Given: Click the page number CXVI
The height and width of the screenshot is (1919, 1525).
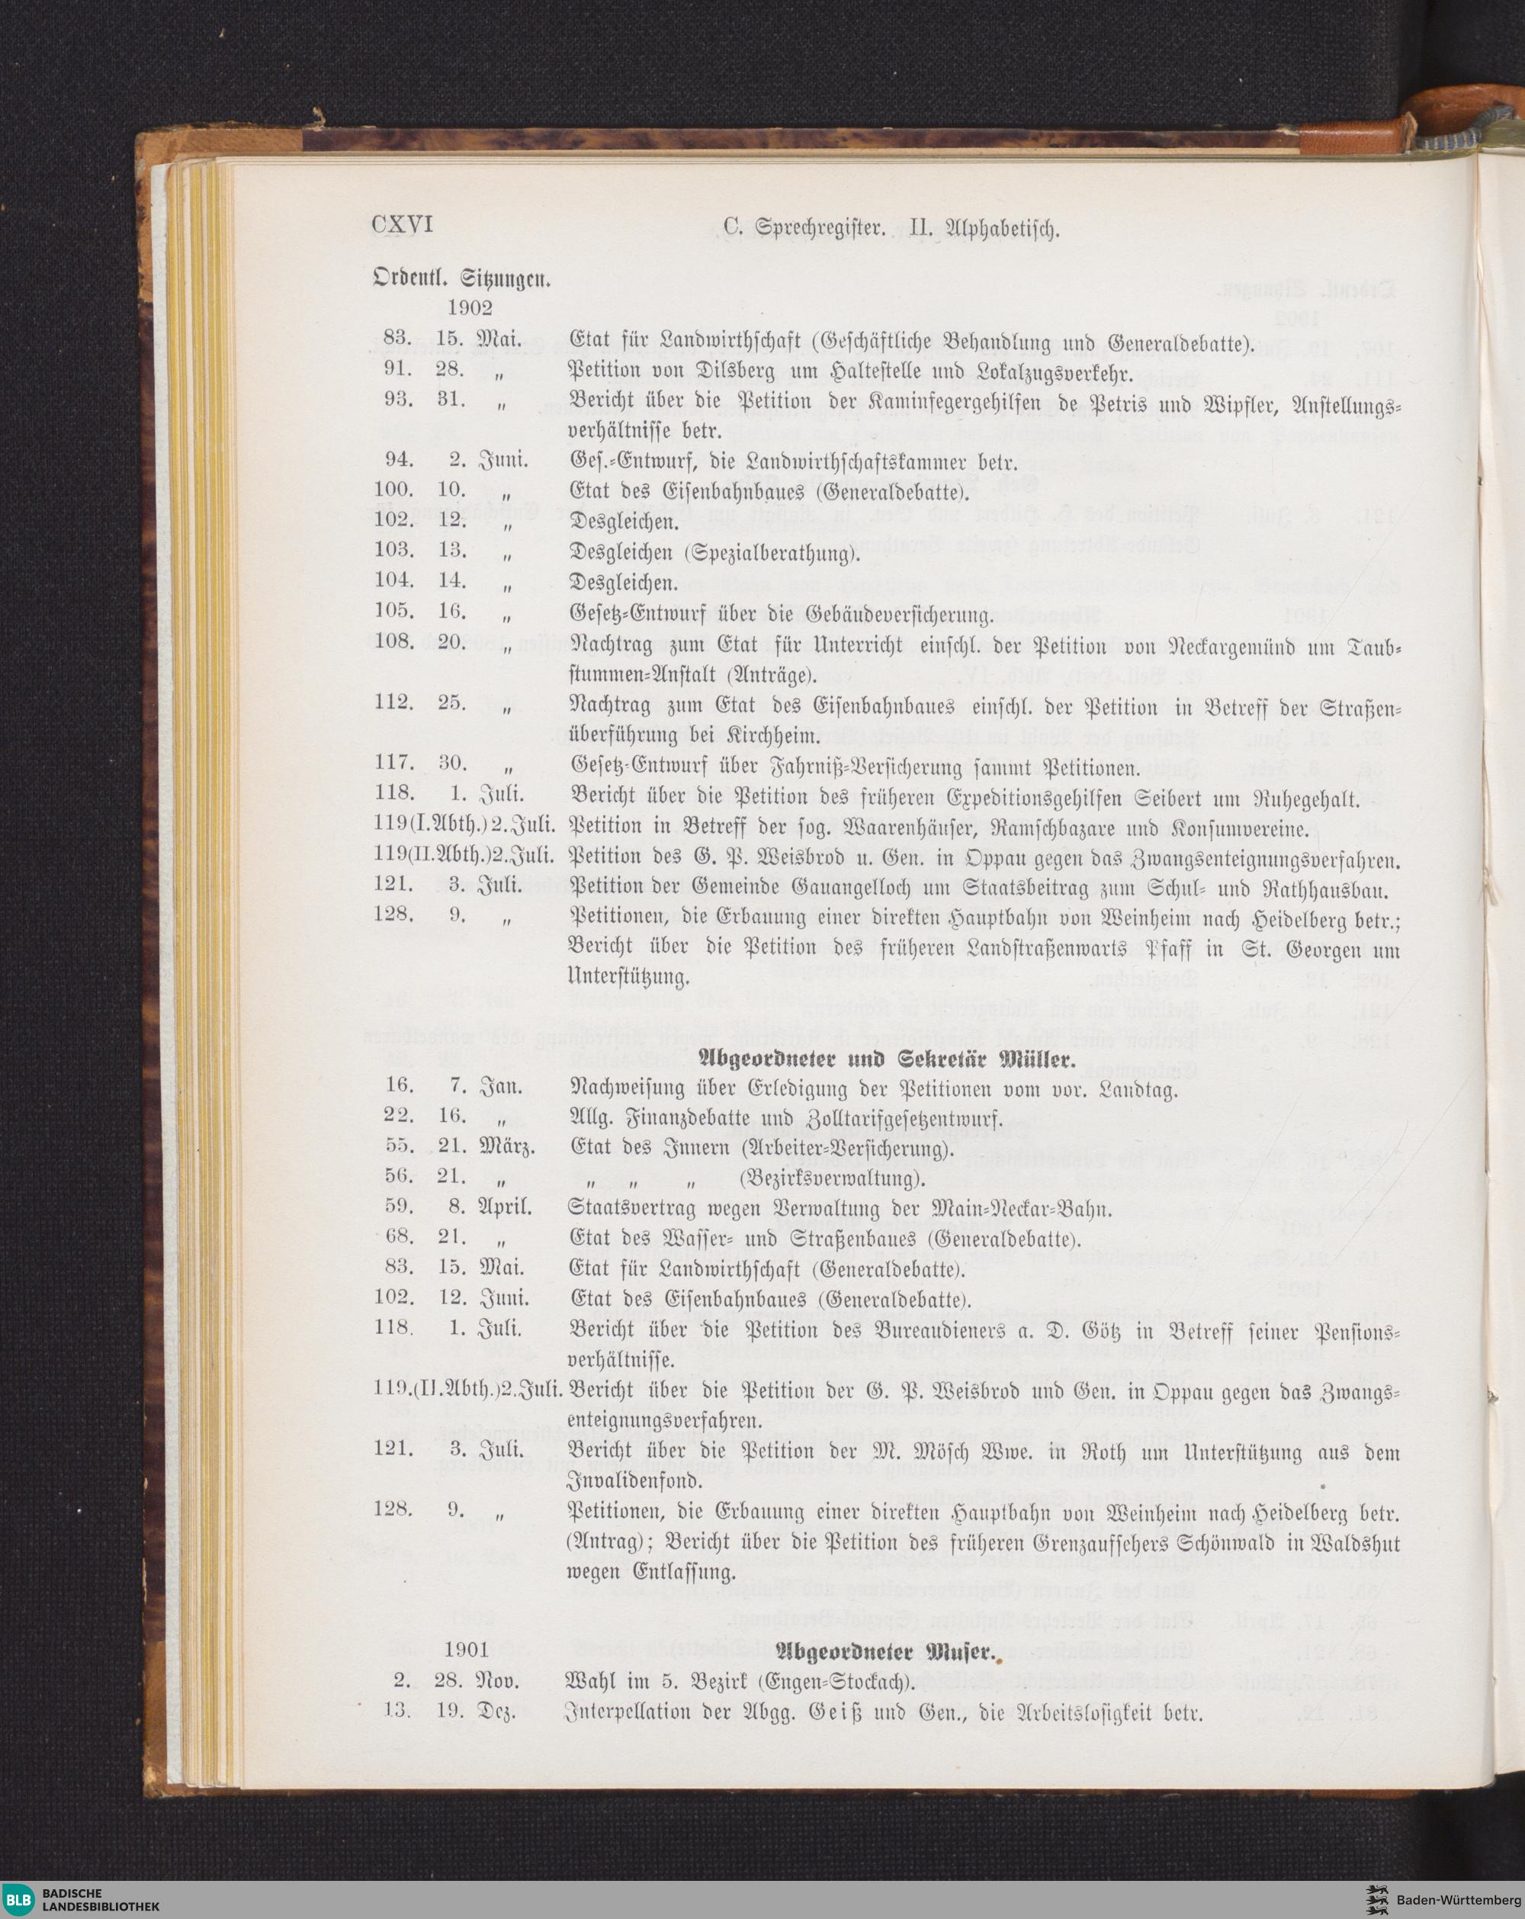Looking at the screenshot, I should point(401,226).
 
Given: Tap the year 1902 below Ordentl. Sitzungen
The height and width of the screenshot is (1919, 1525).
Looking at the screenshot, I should point(470,307).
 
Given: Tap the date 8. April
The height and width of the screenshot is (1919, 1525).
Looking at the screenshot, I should point(485,1210).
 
